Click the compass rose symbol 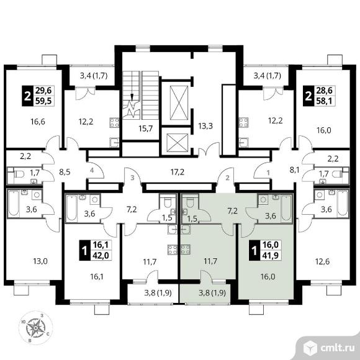coord(35,328)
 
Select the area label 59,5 coord(43,101)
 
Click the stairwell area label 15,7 coord(146,128)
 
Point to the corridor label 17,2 coord(178,172)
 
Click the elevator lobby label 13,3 coord(205,126)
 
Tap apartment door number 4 coord(92,170)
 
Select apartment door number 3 coord(132,178)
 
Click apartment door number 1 coord(268,173)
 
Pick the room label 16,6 coord(38,122)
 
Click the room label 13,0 coord(40,261)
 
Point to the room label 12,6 coord(322,261)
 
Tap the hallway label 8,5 coord(65,172)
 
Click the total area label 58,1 coord(325,101)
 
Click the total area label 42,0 coord(101,255)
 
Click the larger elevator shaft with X coord(179,102)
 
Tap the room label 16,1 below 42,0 coord(97,277)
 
